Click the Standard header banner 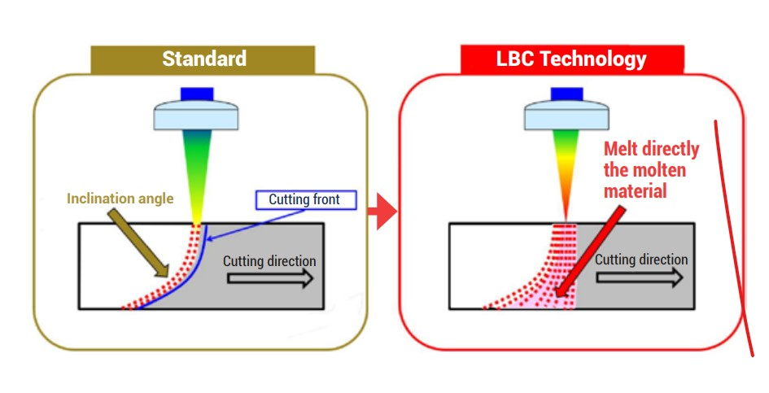203,59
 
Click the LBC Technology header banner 571,59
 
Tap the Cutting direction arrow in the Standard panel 269,278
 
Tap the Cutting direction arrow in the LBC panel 638,277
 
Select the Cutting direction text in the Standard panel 269,261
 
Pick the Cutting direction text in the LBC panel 641,260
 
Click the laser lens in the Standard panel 196,116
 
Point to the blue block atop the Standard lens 196,94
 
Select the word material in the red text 636,191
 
